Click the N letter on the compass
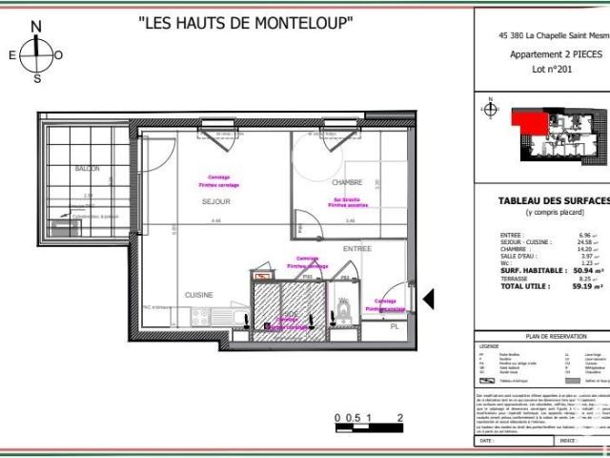click(x=36, y=27)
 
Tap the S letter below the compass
click(x=37, y=79)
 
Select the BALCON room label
click(x=87, y=168)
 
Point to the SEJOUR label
click(x=216, y=202)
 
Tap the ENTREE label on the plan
click(x=357, y=248)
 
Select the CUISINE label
click(x=199, y=295)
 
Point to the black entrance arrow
click(x=428, y=301)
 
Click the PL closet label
click(x=395, y=327)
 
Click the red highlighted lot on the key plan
click(x=524, y=119)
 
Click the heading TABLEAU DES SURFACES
click(x=554, y=200)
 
